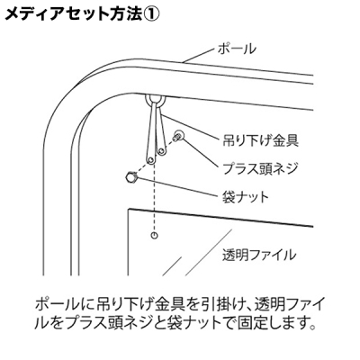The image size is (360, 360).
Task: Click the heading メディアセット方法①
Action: click(x=81, y=13)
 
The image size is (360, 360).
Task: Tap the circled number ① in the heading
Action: click(x=149, y=13)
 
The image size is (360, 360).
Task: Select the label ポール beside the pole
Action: click(x=237, y=49)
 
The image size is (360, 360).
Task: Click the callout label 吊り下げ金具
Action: click(x=260, y=139)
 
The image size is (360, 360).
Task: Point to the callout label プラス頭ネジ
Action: click(x=260, y=168)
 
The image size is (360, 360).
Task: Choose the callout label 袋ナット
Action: click(x=246, y=197)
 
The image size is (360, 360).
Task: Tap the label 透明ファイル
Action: click(x=259, y=256)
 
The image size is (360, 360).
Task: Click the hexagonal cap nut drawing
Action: click(x=131, y=176)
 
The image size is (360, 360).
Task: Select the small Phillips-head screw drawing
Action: click(x=178, y=136)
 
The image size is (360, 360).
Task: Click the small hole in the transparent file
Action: click(x=154, y=236)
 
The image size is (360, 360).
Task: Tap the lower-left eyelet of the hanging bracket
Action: click(x=150, y=159)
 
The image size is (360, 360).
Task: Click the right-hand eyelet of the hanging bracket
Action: click(x=162, y=151)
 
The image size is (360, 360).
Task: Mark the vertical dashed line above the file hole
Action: click(x=154, y=197)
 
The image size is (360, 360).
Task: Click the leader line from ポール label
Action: click(x=200, y=56)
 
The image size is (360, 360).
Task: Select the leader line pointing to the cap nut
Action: click(x=177, y=186)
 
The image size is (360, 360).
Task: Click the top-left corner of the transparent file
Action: click(x=129, y=209)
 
